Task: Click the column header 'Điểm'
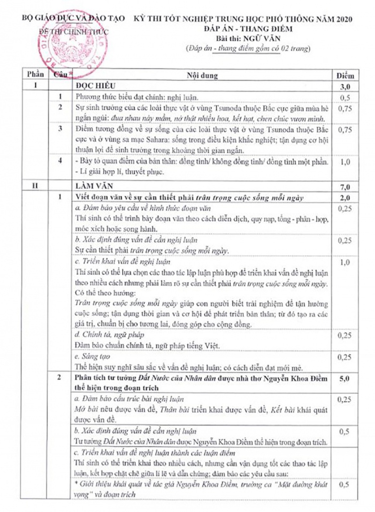click(x=345, y=76)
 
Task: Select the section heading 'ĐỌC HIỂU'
click(x=96, y=86)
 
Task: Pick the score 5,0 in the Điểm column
click(x=345, y=379)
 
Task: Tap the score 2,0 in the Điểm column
click(x=345, y=198)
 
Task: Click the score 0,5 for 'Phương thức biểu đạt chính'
click(x=345, y=97)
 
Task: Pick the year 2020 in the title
click(x=342, y=19)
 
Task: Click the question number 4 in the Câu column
click(x=60, y=161)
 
